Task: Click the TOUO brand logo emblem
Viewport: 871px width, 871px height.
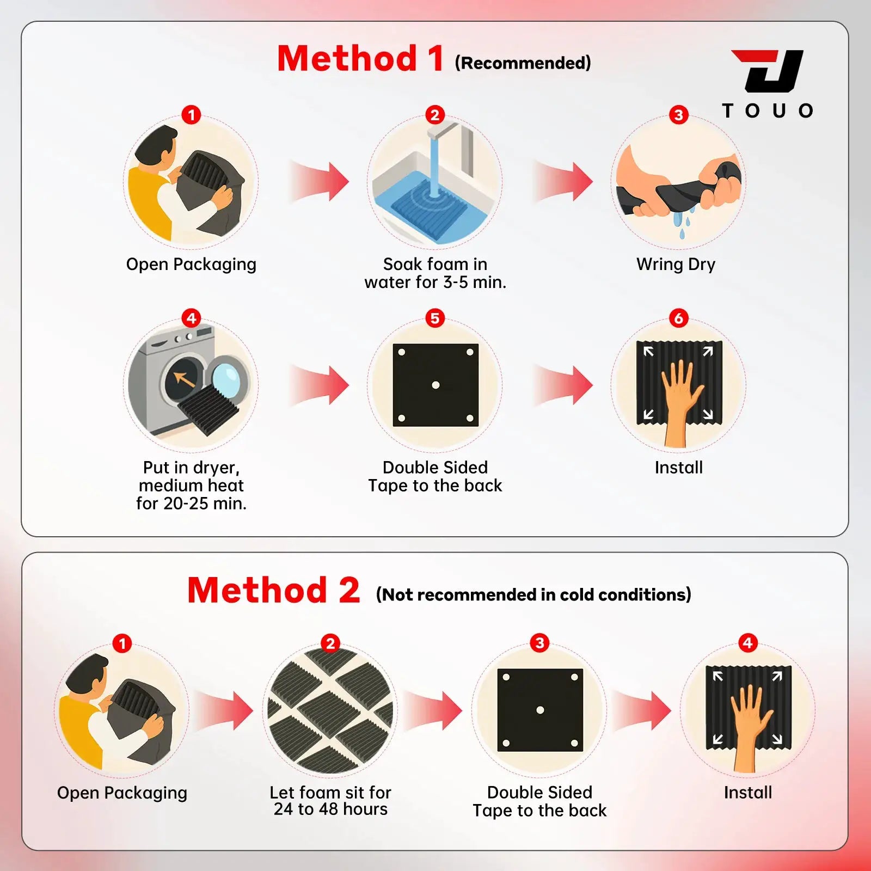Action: [768, 71]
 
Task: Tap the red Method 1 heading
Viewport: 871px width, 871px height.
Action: [360, 58]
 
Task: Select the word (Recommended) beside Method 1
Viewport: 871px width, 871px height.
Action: [523, 63]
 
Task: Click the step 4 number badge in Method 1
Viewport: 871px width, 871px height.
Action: [191, 318]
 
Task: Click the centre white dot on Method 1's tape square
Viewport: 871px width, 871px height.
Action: [436, 385]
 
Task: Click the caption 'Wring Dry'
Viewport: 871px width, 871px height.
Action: [676, 265]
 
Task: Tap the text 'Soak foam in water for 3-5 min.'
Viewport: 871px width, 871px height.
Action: [436, 273]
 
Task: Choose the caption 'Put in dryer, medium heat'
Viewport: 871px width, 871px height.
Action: [191, 476]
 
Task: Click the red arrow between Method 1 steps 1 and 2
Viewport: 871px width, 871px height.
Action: [320, 181]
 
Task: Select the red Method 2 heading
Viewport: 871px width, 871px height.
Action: [274, 590]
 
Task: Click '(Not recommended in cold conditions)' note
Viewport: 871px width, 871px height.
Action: [533, 594]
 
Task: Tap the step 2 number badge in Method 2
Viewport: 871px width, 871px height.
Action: [330, 643]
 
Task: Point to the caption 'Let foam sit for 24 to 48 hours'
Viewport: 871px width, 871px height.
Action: [330, 801]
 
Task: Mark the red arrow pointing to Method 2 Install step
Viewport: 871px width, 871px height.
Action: [642, 710]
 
